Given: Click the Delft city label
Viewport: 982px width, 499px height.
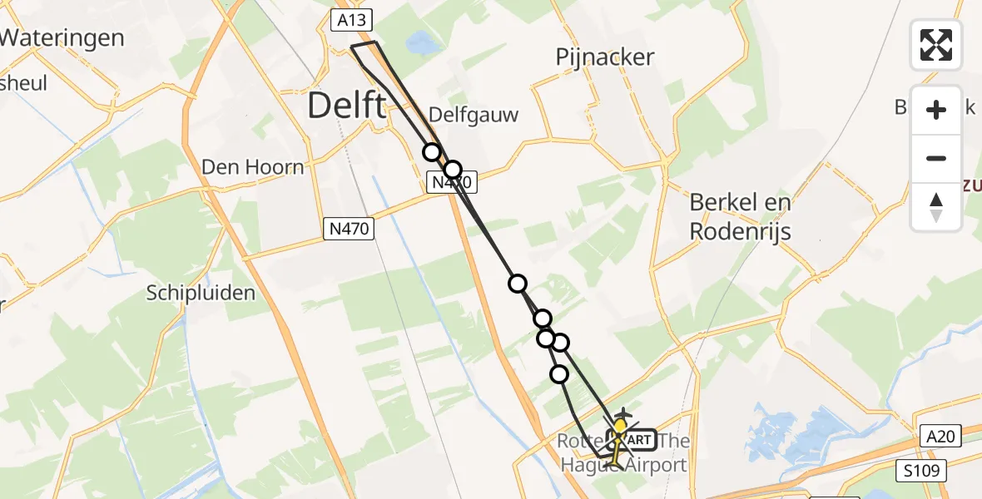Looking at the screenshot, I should point(347,106).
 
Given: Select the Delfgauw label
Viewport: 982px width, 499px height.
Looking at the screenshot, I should point(473,115).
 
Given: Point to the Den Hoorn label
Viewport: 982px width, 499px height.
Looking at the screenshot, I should point(253,167).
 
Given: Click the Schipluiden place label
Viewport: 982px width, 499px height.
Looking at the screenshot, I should point(201,293).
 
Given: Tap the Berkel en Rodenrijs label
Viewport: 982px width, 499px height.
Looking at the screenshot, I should point(740,216).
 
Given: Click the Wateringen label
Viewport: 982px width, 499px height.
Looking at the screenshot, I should point(62,37).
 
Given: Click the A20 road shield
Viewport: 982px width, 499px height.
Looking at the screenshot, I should point(941,436).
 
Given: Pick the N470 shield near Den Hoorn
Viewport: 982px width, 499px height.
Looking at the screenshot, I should point(348,228).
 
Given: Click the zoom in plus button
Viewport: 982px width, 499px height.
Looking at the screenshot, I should point(936,110).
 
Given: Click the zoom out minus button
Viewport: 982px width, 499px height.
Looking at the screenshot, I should point(936,158).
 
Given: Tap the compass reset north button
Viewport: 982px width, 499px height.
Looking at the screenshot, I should point(936,206).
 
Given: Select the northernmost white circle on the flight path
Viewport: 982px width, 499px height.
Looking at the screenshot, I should point(431,152).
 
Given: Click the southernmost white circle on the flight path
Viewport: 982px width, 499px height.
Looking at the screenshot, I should point(559,374).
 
